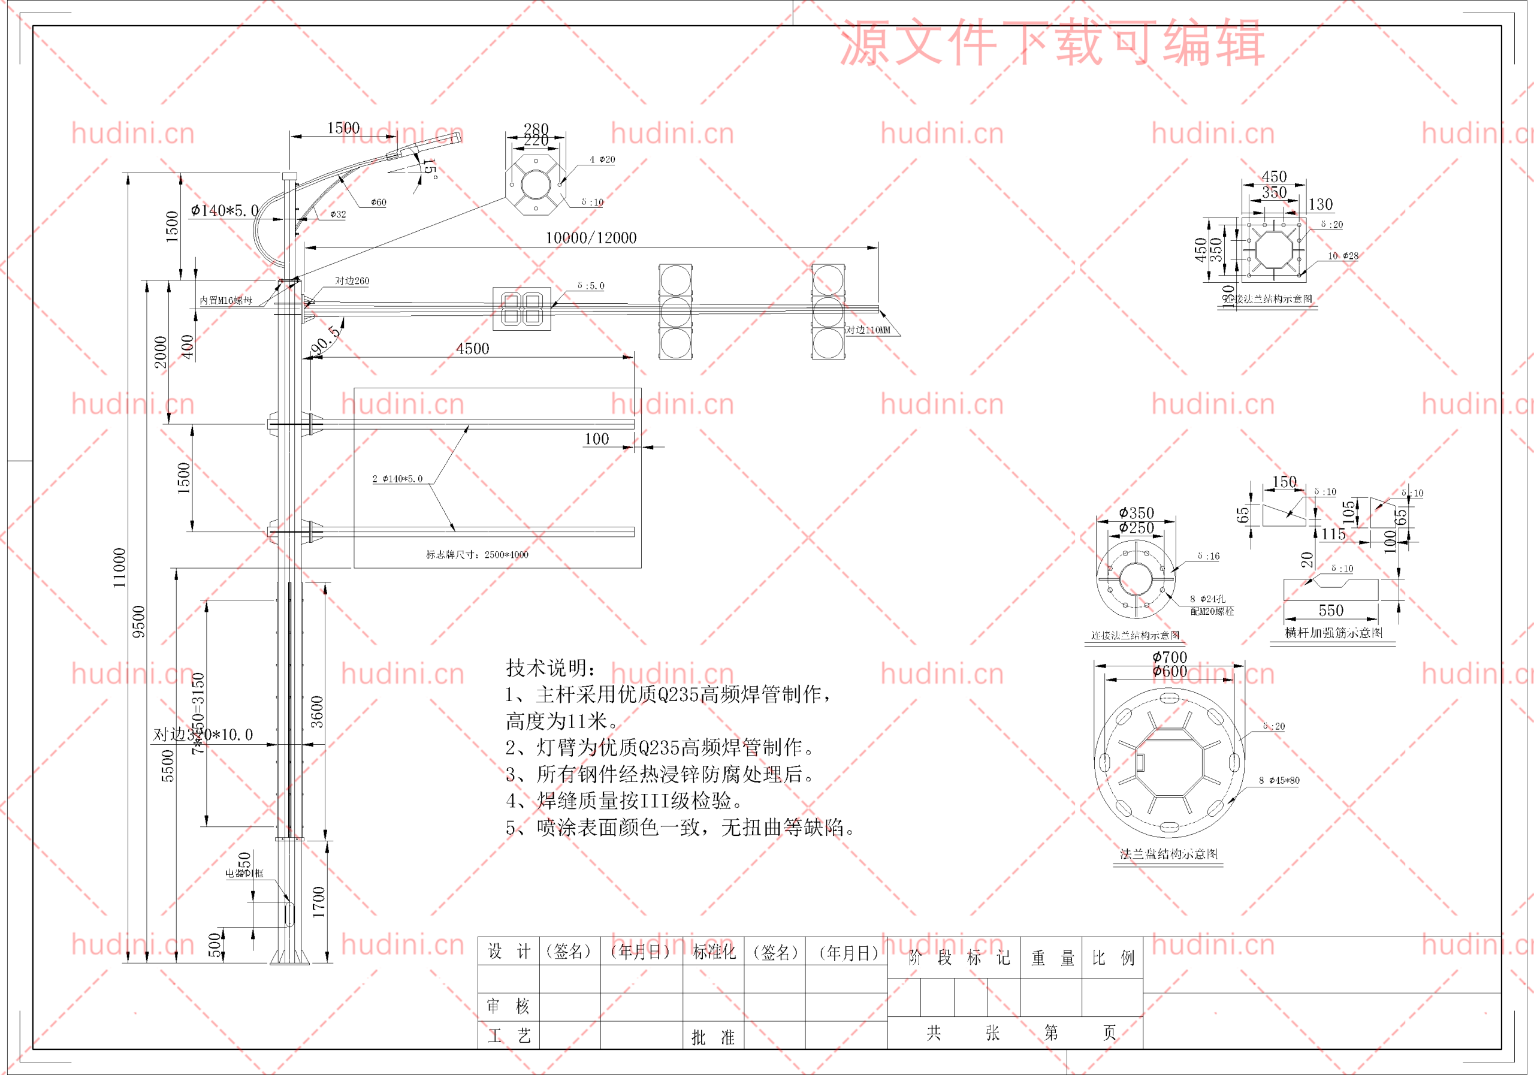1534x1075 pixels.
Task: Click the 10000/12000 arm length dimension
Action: point(591,238)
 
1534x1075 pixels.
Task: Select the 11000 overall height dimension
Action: point(119,567)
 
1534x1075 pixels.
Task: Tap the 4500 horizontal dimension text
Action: point(472,349)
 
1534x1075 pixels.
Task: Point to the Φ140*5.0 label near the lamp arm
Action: point(225,210)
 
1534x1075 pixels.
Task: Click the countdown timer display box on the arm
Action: point(521,308)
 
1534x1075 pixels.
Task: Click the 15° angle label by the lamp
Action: point(429,168)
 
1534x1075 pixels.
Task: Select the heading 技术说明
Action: point(550,668)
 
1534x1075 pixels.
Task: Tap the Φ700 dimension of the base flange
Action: point(1170,657)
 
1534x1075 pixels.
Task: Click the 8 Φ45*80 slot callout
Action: point(1279,780)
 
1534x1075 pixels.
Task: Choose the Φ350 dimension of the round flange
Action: point(1137,513)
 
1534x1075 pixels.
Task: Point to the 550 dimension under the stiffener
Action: point(1330,611)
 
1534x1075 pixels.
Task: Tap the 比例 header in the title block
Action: point(1113,958)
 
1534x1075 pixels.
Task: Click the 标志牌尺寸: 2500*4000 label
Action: point(477,554)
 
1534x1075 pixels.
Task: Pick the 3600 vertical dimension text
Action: point(318,711)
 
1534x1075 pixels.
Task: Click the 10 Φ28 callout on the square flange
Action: point(1342,256)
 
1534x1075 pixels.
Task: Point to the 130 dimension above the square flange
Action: point(1320,204)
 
